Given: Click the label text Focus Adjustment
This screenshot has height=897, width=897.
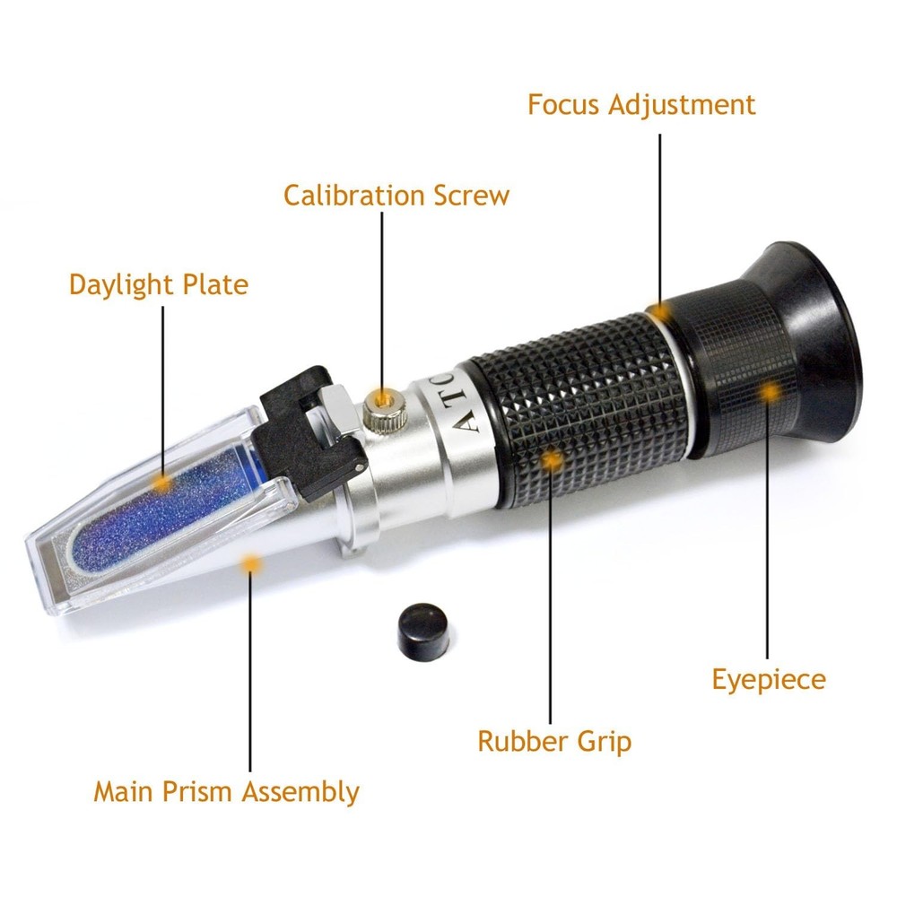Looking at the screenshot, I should [641, 104].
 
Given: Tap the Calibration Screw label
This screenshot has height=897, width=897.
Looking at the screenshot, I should [396, 195].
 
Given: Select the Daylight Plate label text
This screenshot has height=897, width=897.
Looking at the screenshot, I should [158, 284].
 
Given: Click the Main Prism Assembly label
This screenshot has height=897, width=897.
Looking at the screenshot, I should [226, 792].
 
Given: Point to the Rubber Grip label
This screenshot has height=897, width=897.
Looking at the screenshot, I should [553, 741].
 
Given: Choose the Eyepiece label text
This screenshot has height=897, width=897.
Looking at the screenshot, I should [768, 679].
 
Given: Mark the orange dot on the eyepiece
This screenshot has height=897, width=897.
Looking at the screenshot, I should [769, 392].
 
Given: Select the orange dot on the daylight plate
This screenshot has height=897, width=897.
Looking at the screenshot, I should [162, 483].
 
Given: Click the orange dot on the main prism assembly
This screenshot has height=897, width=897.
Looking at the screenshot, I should [251, 563].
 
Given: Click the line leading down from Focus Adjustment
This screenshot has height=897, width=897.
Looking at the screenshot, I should [661, 215].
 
